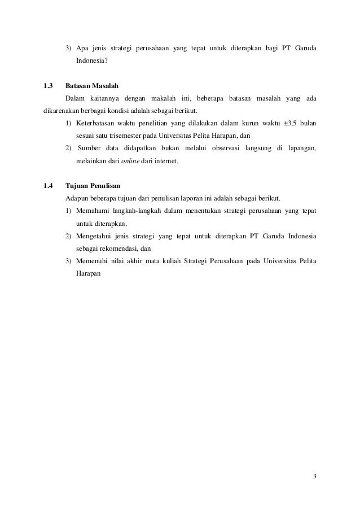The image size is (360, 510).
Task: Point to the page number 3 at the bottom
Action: pos(314,476)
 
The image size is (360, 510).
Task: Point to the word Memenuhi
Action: pos(93,260)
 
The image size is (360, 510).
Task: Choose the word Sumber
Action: pos(91,149)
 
